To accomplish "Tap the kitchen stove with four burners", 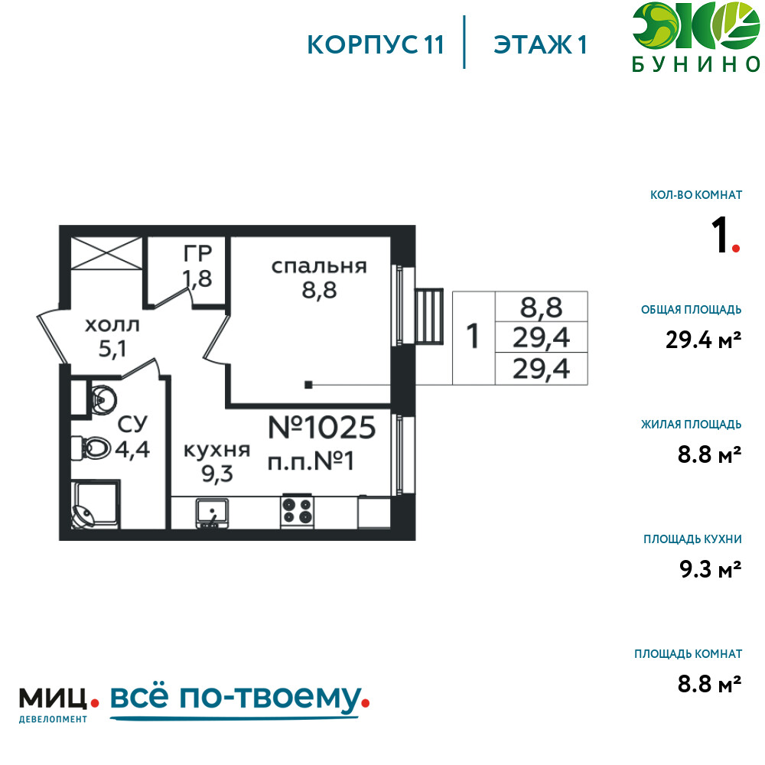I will [298, 510].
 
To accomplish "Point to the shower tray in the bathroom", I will [95, 505].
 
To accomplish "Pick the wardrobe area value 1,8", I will [197, 277].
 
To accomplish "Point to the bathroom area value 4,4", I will [132, 447].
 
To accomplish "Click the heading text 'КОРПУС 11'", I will [375, 44].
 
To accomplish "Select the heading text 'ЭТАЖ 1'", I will [540, 44].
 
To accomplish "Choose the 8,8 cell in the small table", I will [542, 308].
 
